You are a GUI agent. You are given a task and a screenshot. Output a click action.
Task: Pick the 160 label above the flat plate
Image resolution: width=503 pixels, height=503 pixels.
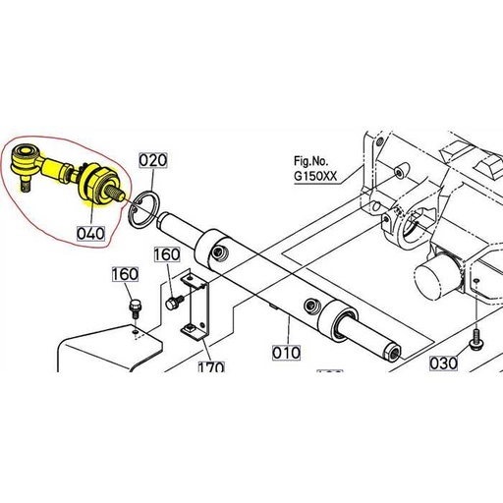click(126, 274)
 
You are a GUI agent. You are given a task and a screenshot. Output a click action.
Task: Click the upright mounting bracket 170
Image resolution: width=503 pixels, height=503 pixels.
click(196, 311)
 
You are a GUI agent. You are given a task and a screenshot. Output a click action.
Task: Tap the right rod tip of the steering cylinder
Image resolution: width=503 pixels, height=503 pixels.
click(392, 351)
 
